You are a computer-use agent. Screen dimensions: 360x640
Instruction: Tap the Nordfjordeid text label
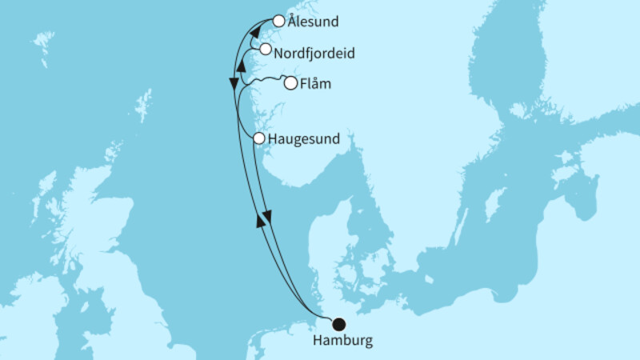tap(314, 54)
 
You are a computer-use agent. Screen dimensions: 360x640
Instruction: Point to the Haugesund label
tap(306, 139)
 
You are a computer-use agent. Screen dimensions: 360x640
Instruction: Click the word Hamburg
tap(342, 342)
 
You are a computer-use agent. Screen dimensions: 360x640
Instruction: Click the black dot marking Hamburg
tap(338, 324)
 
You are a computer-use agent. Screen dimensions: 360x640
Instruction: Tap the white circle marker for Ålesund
tap(278, 22)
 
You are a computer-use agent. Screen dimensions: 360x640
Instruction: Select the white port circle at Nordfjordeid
tap(265, 50)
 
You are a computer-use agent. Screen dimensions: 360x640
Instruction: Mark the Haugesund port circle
tap(259, 138)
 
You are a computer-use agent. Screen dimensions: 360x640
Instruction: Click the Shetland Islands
tap(144, 104)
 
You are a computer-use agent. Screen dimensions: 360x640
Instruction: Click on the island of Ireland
tap(24, 304)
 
